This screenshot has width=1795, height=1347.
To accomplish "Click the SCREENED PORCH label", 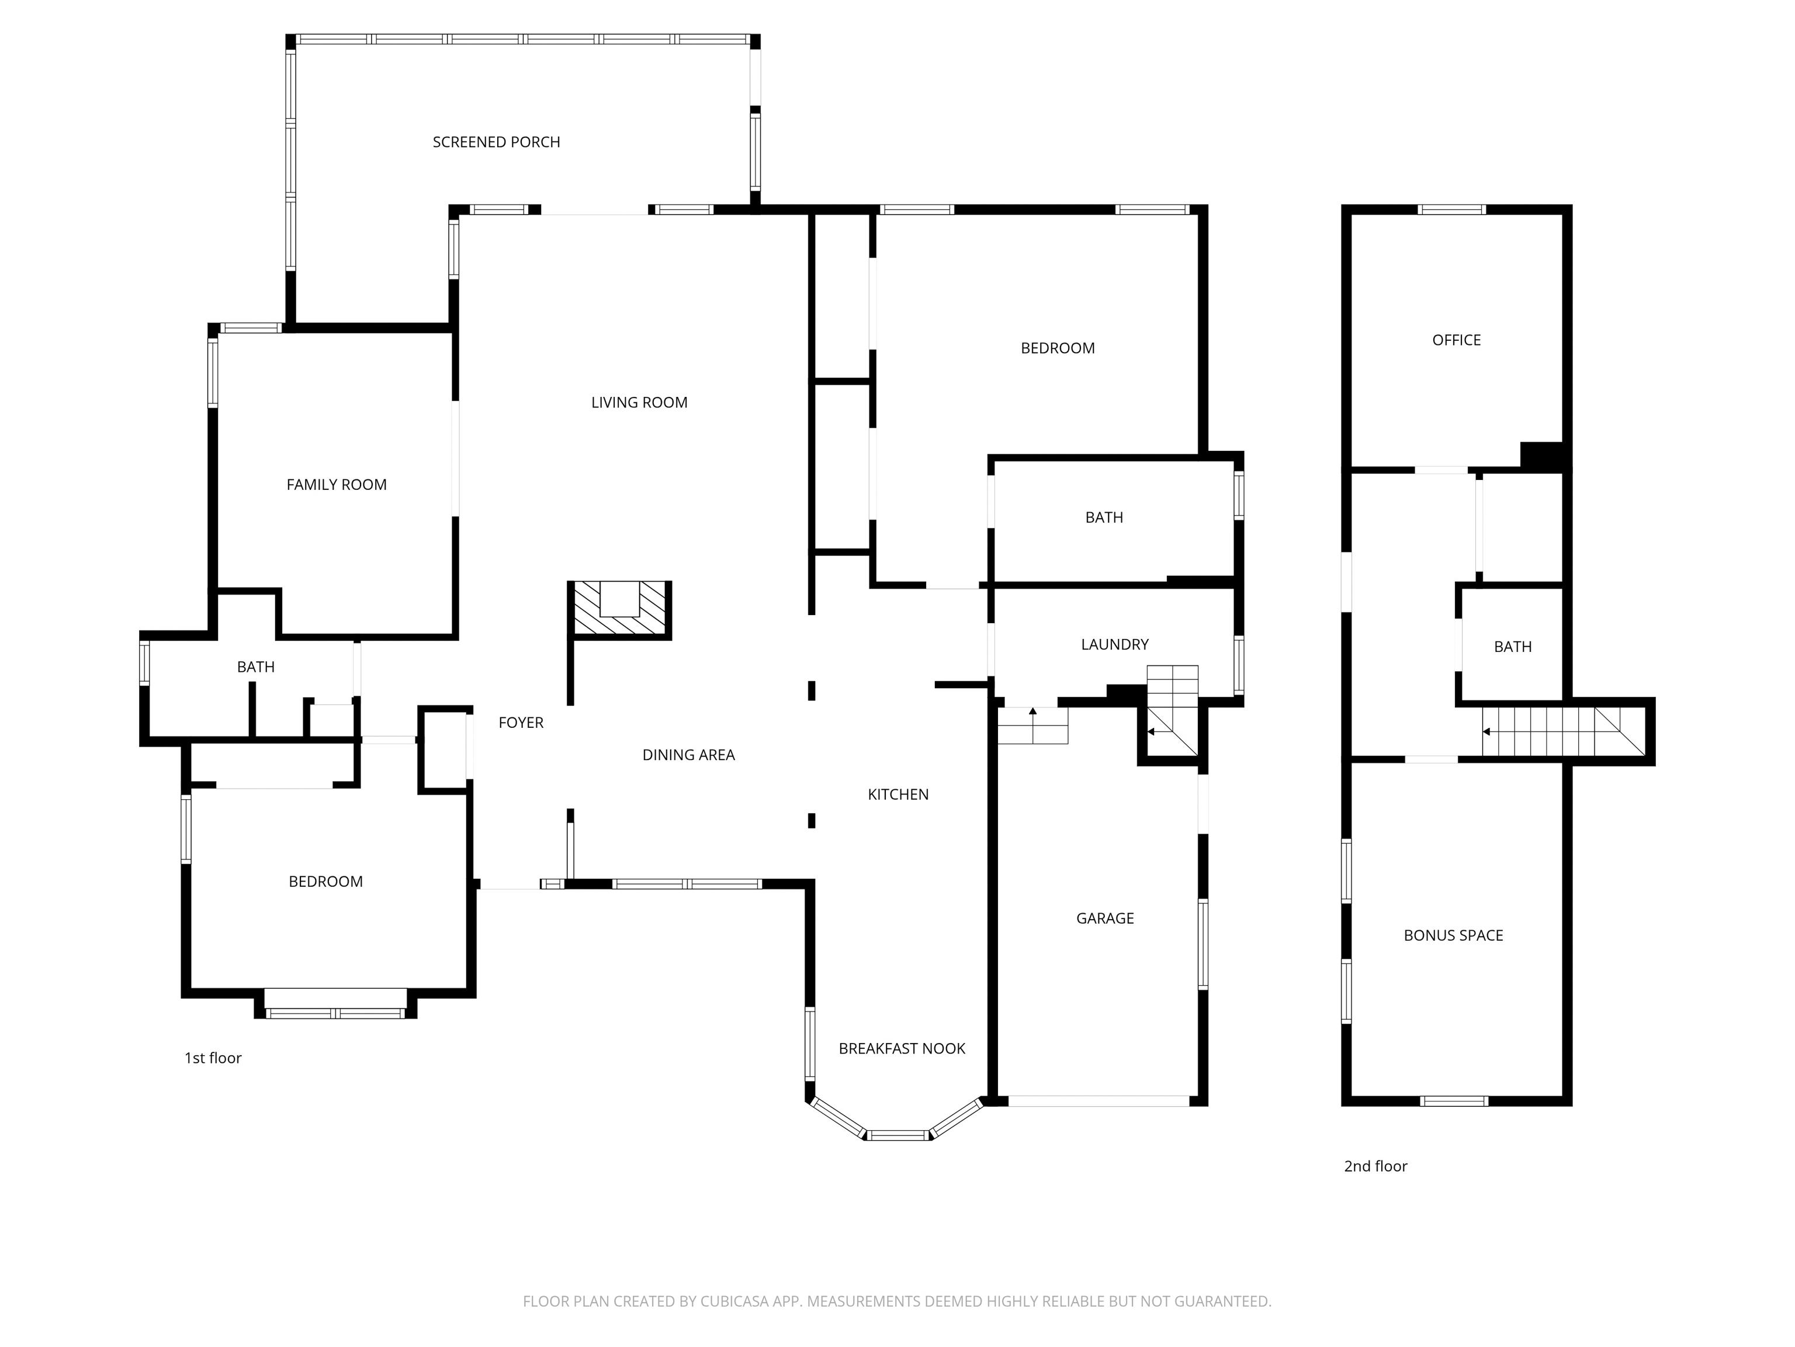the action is [496, 142].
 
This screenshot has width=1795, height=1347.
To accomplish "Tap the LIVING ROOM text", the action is [639, 403].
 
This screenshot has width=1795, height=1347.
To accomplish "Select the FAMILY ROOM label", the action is [337, 485].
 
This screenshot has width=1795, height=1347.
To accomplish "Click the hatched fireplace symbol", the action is [619, 610].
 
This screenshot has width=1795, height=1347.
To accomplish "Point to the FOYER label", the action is [521, 723].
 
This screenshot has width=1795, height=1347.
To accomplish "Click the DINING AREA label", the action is [689, 755].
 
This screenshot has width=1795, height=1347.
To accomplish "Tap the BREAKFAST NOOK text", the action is [902, 1049].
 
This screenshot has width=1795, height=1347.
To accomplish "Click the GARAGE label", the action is [1106, 918].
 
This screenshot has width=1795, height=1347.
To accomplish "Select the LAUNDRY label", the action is [1115, 645].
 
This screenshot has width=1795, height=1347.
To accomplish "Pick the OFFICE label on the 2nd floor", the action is [1457, 340].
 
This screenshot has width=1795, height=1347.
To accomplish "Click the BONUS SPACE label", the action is [1453, 935].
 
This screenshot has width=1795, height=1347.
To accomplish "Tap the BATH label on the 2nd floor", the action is [1513, 647].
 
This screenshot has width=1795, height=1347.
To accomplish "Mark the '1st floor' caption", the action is [213, 1058].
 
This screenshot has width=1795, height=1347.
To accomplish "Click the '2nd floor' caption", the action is [1375, 1166].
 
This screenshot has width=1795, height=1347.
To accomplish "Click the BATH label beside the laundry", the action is [1104, 517].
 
